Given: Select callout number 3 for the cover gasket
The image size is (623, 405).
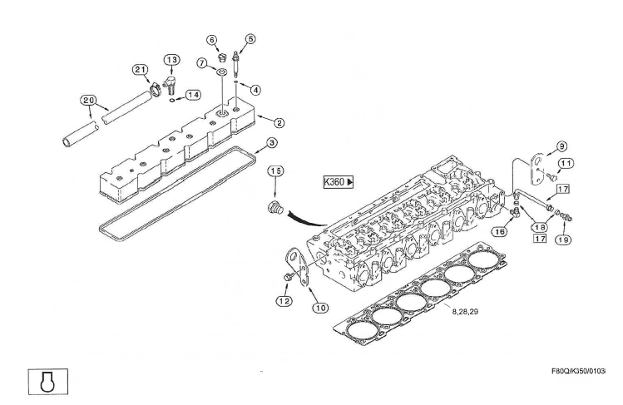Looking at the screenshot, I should click(272, 144).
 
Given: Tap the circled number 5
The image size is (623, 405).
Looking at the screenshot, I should click(250, 37).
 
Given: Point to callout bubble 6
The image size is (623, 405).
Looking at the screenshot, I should click(212, 39).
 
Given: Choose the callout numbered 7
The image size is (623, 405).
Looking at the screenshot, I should click(202, 62).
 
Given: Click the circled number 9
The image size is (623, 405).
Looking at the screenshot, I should click(561, 146).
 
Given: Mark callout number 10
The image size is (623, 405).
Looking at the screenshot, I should click(320, 307).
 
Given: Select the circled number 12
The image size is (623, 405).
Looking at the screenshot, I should click(284, 300).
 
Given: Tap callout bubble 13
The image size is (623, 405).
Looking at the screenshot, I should click(171, 60).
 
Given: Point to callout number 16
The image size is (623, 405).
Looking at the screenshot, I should click(499, 232).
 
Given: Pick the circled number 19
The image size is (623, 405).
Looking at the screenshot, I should click(564, 239).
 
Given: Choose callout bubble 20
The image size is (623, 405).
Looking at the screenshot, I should click(88, 100).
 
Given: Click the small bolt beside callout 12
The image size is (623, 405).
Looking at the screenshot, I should click(286, 276).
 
